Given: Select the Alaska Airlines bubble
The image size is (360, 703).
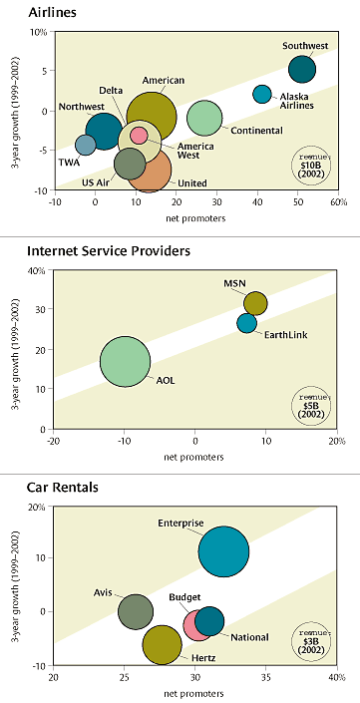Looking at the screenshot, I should click(262, 94).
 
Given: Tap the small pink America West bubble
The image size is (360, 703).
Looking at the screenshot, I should click(140, 135).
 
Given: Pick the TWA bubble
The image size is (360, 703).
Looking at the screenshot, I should click(86, 146).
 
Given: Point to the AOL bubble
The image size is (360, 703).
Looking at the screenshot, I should click(125, 362).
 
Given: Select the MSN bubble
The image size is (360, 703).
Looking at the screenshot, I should click(256, 303).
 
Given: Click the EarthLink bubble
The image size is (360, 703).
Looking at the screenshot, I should click(247, 323).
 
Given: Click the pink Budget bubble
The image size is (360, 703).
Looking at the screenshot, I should click(196, 625).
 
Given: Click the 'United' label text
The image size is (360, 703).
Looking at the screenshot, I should click(192, 181).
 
